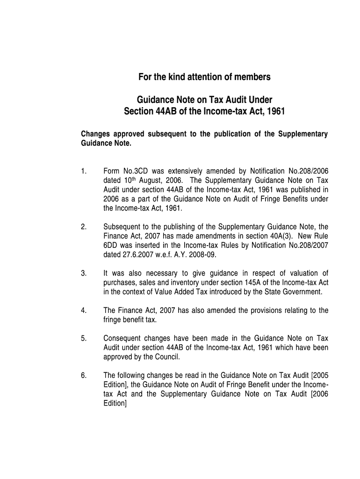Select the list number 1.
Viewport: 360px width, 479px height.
pos(83,171)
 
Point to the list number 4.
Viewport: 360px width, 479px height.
pos(83,311)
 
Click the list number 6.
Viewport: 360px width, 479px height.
pos(83,375)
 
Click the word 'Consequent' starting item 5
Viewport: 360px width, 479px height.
pos(123,338)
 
